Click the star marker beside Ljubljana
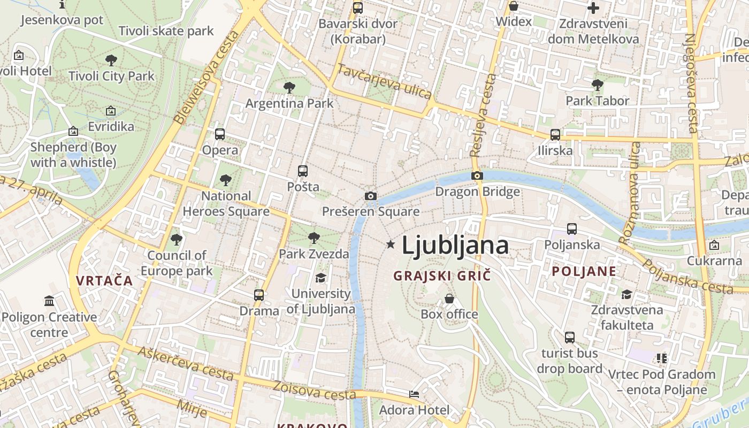tap(391, 244)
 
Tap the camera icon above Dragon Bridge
tap(477, 175)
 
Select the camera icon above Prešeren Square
tap(370, 196)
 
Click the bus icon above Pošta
tap(303, 171)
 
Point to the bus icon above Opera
tap(219, 134)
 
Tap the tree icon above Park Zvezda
tap(314, 238)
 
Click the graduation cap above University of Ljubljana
tap(320, 278)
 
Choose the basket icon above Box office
tap(449, 298)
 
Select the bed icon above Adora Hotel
tap(414, 394)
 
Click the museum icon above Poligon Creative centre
tap(49, 301)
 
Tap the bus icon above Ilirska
tap(555, 134)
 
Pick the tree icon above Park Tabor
tap(598, 85)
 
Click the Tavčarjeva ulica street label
tap(384, 81)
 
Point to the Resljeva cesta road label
tap(483, 116)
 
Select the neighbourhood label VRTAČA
tap(104, 280)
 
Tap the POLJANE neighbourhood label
tap(584, 271)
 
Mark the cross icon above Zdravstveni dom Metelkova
tap(593, 8)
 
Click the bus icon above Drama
tap(259, 295)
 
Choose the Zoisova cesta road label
tap(314, 390)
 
